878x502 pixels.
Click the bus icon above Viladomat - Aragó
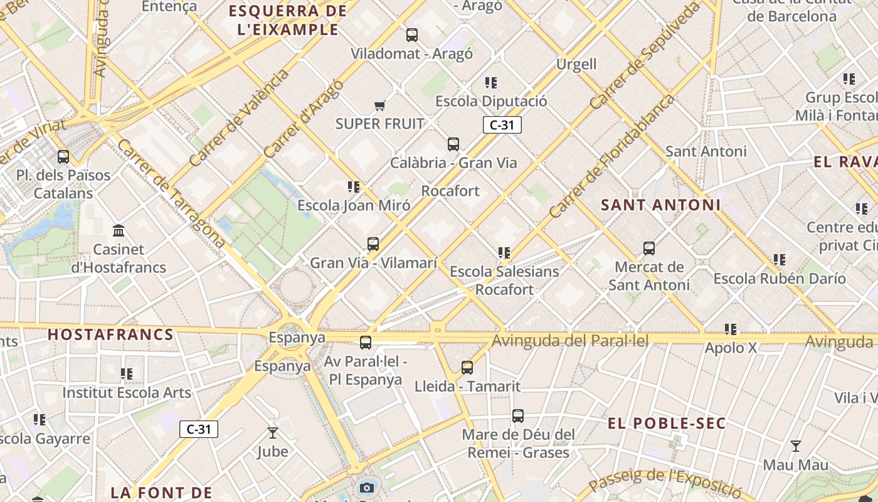412,35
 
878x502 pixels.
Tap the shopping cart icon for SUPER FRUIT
379,105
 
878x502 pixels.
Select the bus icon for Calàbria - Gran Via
453,144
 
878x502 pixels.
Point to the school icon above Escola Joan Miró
354,187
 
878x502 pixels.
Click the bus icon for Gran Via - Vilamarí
373,244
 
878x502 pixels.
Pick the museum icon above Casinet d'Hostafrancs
119,231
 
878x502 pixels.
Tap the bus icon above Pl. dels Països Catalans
63,156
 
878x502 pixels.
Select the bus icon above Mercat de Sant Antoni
649,248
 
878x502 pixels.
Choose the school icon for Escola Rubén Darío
780,260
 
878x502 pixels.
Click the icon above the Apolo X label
731,329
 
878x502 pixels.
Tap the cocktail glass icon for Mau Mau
796,446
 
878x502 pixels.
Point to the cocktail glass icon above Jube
273,433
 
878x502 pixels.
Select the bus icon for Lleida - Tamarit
467,368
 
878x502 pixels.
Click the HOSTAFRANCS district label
110,334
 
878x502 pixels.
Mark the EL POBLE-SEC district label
667,424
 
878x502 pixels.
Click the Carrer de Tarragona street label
171,193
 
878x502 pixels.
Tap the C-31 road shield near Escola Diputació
502,125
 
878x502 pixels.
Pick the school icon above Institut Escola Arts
127,375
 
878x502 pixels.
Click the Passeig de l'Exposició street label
666,482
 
